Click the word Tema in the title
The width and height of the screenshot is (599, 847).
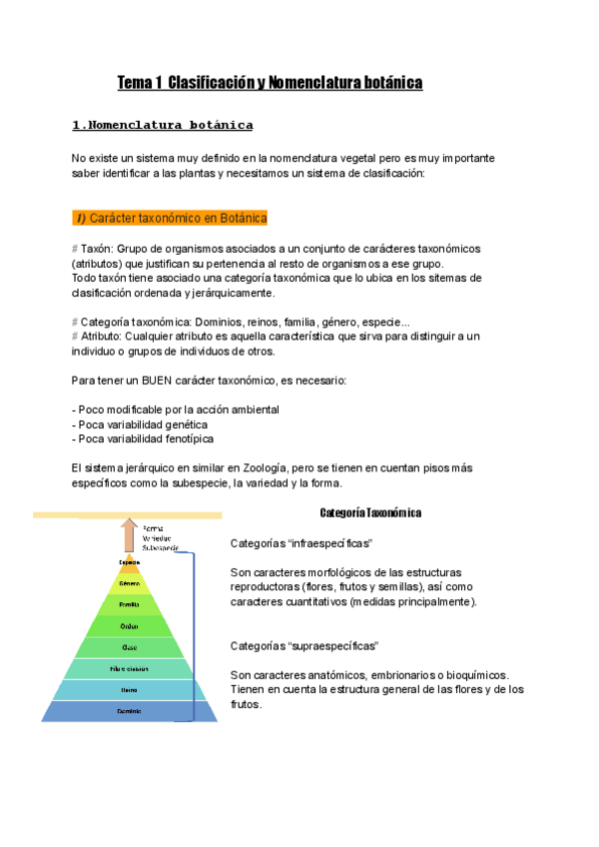tap(135, 82)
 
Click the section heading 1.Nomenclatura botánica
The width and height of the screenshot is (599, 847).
tap(163, 125)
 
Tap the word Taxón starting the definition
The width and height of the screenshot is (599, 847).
tap(96, 248)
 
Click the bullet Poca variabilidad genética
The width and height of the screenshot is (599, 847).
tap(140, 424)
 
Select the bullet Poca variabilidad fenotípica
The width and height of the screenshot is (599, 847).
tap(143, 438)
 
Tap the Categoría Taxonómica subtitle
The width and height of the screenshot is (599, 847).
tap(370, 512)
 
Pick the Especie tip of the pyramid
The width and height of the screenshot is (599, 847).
tap(129, 562)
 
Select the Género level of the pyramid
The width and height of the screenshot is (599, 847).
tap(129, 583)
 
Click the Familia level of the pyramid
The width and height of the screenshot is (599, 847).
tap(129, 604)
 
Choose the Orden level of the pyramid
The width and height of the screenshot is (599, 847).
tap(129, 626)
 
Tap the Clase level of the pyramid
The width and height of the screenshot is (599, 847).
tap(129, 647)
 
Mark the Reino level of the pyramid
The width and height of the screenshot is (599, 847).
tap(129, 689)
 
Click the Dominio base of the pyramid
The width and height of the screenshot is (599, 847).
tap(129, 711)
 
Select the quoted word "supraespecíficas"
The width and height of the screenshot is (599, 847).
tap(333, 646)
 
